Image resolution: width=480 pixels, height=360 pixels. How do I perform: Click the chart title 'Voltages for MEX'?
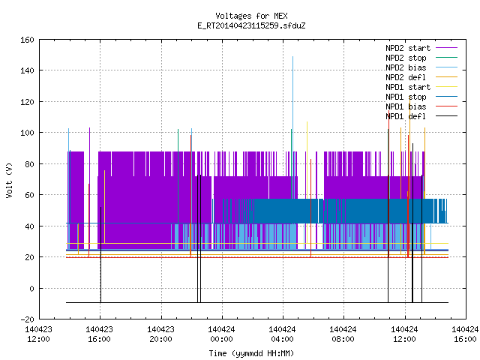pyautogui.click(x=251, y=16)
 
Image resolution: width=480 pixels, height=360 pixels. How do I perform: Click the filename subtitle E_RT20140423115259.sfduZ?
pyautogui.click(x=251, y=25)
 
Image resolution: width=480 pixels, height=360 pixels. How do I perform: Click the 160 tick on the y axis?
pyautogui.click(x=27, y=40)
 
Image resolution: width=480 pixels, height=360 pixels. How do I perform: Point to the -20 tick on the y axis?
pyautogui.click(x=27, y=319)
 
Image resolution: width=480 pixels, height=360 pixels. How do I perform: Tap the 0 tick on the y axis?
pyautogui.click(x=31, y=288)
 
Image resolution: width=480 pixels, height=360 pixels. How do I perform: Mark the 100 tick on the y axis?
pyautogui.click(x=27, y=133)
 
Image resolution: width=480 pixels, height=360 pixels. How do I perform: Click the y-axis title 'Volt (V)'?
pyautogui.click(x=9, y=180)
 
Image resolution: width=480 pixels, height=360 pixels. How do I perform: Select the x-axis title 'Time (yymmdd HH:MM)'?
pyautogui.click(x=251, y=353)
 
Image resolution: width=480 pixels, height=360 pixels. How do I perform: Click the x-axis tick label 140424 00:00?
pyautogui.click(x=221, y=334)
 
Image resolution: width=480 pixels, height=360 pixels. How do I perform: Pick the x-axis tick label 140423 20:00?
pyautogui.click(x=160, y=334)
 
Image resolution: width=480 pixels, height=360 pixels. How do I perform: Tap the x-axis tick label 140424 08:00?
pyautogui.click(x=343, y=334)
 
